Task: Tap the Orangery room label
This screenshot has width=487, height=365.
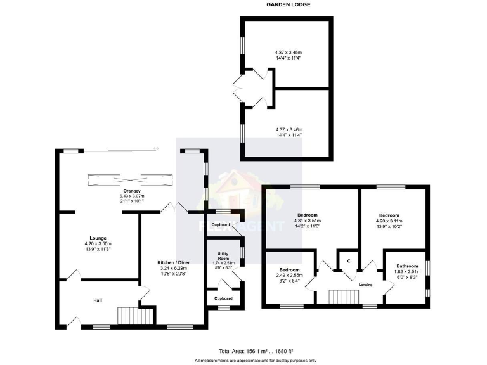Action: [x=133, y=191]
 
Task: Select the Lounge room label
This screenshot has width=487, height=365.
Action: [x=98, y=238]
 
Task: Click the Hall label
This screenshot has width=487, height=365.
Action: [x=98, y=300]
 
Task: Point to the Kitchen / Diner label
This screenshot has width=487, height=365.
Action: [x=172, y=262]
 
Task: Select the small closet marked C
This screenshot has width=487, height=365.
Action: [x=348, y=260]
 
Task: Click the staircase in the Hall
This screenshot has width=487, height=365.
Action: [x=135, y=316]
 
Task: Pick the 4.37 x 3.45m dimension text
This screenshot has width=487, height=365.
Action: [x=288, y=52]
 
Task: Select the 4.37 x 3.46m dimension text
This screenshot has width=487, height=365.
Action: [x=289, y=129]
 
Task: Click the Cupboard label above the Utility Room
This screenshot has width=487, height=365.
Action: [x=221, y=225]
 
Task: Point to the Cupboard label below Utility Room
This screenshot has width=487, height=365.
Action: [x=223, y=298]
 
